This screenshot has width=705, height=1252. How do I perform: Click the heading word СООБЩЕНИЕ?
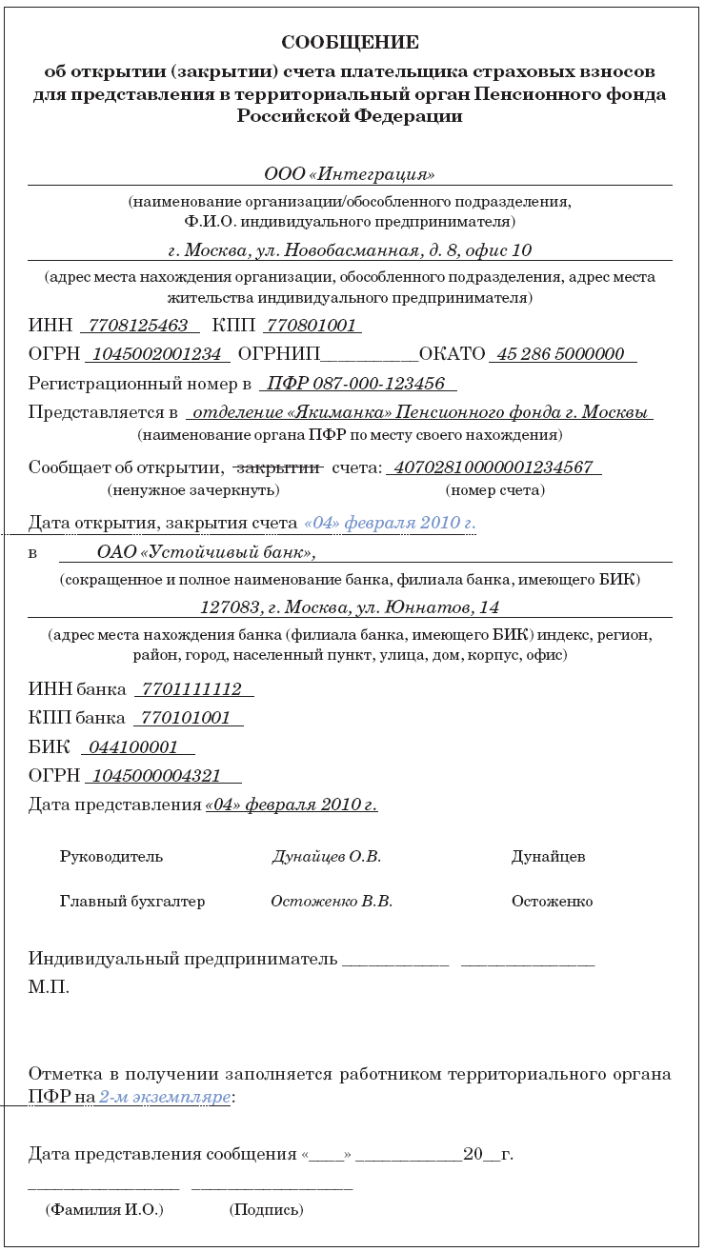click(350, 43)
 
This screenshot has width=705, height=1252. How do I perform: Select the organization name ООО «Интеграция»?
click(350, 174)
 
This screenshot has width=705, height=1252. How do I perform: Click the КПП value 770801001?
click(311, 326)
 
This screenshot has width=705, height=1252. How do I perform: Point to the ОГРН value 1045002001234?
click(157, 354)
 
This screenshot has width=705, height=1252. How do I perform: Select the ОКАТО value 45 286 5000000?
click(561, 354)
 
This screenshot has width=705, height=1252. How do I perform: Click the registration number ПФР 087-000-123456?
click(356, 384)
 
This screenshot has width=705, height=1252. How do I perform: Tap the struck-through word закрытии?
click(277, 467)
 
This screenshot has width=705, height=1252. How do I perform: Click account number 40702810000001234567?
click(493, 467)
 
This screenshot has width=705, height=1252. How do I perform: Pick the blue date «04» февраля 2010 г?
click(390, 523)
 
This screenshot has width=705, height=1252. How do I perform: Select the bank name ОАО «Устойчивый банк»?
click(206, 552)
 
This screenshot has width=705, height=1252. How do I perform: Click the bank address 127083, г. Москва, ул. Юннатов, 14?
click(350, 607)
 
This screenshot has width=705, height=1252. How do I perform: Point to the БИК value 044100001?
click(137, 747)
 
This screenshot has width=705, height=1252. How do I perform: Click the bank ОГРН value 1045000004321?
click(161, 776)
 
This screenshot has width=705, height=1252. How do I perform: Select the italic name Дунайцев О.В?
click(327, 857)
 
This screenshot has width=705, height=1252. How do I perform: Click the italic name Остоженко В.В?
click(332, 902)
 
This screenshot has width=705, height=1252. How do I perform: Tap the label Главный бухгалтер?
click(132, 902)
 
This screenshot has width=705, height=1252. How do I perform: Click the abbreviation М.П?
click(49, 987)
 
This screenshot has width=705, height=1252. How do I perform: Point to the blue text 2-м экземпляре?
click(165, 1098)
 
